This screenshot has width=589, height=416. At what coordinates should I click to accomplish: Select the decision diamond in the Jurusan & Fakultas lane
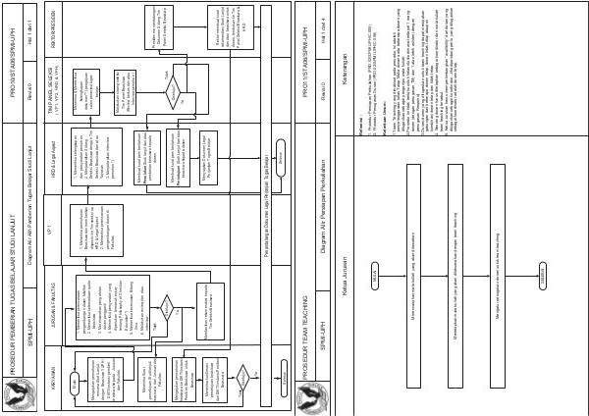click(167, 307)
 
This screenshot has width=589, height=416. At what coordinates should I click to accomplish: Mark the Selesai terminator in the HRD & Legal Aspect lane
click(279, 157)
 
